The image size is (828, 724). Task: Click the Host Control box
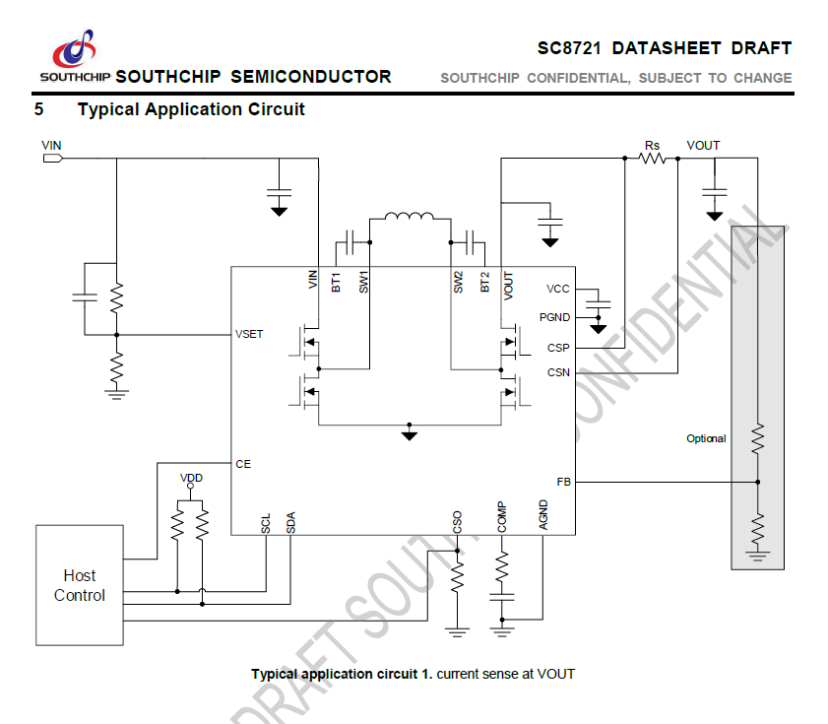pos(80,585)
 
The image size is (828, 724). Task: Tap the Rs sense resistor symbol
pos(652,158)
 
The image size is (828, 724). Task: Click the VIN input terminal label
pos(51,146)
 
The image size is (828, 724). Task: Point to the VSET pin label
pos(249,335)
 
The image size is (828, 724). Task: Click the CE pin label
pos(243,463)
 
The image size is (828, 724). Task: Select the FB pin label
pos(563,482)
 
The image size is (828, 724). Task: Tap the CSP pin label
pos(558,348)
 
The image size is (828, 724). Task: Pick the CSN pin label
pos(558,372)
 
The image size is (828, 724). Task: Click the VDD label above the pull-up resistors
pos(191,478)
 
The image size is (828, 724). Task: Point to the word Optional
pos(706,438)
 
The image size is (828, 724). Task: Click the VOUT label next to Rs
pos(703,146)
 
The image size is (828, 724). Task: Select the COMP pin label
pos(501,517)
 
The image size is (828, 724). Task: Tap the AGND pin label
pos(543,515)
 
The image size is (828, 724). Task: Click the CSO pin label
pos(457,521)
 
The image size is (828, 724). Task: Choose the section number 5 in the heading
pos(39,109)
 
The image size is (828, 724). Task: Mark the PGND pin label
pos(554,317)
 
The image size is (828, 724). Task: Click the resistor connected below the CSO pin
pos(457,575)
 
